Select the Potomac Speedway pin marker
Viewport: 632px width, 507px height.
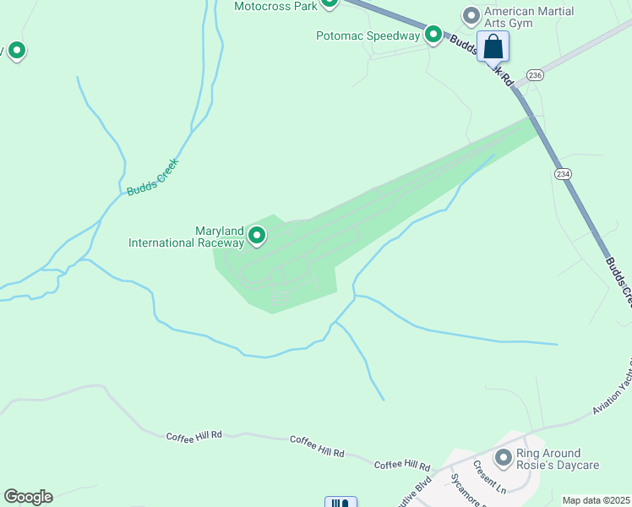pos(433,35)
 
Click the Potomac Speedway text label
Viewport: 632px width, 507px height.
pos(368,35)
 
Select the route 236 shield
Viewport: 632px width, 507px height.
pos(534,75)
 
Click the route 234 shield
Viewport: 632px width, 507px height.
pos(563,173)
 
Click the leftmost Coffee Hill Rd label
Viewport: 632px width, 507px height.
pos(193,435)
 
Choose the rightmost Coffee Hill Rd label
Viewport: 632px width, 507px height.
pos(402,466)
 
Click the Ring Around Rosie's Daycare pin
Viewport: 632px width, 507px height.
pos(504,458)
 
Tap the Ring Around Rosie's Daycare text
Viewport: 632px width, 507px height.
pos(558,459)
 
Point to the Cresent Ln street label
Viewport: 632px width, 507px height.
pos(489,478)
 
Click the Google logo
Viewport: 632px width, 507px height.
pos(28,497)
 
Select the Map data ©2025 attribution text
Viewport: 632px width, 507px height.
pos(596,500)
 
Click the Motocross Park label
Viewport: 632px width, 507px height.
pos(275,6)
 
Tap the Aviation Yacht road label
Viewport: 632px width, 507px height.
pos(613,384)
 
